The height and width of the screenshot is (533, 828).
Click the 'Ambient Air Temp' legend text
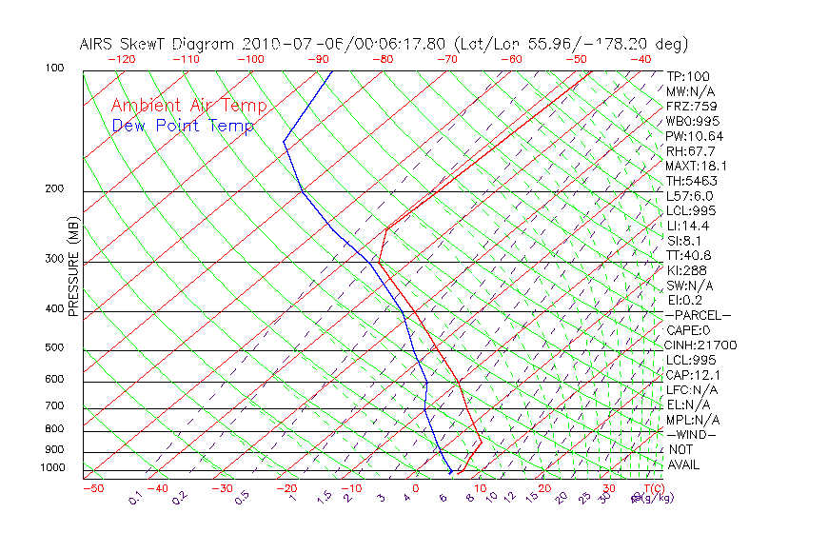(x=188, y=106)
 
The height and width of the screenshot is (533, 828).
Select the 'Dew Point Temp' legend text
(x=183, y=126)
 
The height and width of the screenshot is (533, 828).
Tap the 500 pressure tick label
(x=54, y=348)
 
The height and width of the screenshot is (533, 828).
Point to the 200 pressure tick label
(x=54, y=189)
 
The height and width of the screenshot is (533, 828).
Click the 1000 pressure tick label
(x=51, y=468)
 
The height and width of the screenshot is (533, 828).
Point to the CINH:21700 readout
(x=700, y=345)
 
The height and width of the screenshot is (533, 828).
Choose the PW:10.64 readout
(x=695, y=136)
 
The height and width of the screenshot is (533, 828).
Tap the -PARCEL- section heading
(x=698, y=315)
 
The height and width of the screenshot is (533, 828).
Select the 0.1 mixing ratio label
(x=136, y=498)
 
